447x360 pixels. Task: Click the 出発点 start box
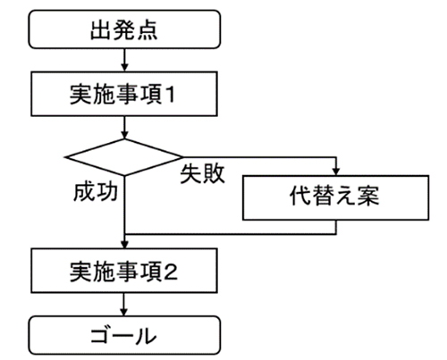(124, 29)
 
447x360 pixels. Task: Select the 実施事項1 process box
(124, 94)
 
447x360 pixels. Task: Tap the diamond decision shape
(123, 157)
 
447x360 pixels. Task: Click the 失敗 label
(202, 173)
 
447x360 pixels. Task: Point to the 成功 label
(96, 192)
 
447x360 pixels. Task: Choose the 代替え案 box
(336, 197)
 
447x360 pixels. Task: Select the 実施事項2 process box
(124, 271)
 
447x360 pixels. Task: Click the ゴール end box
(124, 335)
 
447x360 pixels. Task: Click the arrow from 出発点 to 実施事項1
(124, 60)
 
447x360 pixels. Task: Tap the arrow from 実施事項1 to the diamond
(124, 128)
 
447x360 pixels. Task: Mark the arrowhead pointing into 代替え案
(336, 172)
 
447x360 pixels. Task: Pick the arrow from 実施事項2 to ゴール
(123, 305)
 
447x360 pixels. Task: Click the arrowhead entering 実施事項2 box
(125, 244)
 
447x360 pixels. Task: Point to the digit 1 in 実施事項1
(170, 95)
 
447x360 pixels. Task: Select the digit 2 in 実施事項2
(171, 272)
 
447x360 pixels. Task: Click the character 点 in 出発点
(147, 29)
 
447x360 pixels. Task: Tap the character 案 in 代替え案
(368, 196)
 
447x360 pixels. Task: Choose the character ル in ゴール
(145, 336)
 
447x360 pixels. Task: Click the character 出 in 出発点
(101, 29)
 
